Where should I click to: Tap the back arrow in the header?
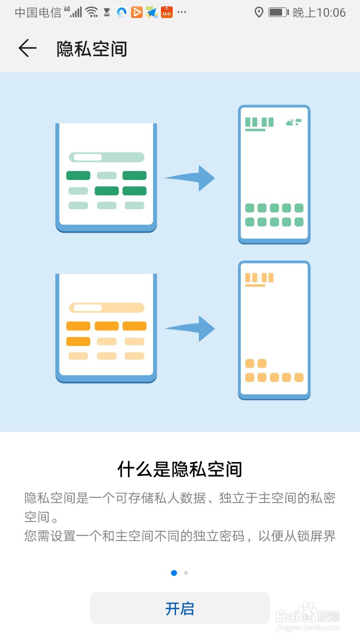click(x=28, y=48)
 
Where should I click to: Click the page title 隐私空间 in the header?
click(x=92, y=49)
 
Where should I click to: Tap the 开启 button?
click(x=180, y=608)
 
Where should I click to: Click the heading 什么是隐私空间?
click(x=180, y=469)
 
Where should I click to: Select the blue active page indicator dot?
click(x=174, y=573)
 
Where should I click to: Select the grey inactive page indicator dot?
click(x=186, y=573)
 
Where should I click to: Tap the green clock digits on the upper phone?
click(x=259, y=122)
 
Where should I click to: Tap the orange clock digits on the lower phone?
click(x=259, y=278)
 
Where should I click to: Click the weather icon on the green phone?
click(x=294, y=122)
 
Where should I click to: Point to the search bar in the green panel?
click(x=106, y=157)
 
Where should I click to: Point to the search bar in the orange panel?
click(x=106, y=308)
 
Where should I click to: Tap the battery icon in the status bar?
click(x=278, y=12)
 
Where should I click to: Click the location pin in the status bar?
click(x=259, y=12)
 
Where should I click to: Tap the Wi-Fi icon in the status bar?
click(x=92, y=12)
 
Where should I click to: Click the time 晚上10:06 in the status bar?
click(x=319, y=12)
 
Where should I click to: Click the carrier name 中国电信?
click(x=38, y=12)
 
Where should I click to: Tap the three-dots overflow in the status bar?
click(x=182, y=12)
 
